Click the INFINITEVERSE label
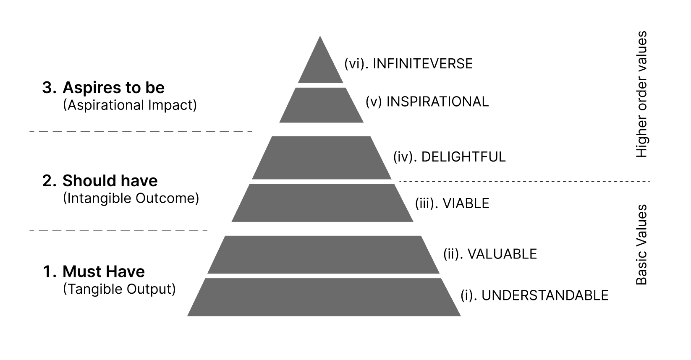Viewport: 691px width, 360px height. point(408,64)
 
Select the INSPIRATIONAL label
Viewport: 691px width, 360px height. point(427,102)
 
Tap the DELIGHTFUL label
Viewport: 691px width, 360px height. point(449,157)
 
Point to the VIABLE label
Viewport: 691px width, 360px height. point(452,203)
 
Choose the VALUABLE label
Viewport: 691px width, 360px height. point(490,254)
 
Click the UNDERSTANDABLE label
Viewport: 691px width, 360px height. point(534,295)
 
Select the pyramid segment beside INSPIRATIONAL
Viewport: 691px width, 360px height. point(322,105)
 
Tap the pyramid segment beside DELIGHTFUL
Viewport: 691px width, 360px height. point(322,158)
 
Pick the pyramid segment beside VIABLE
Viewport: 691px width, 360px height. point(322,203)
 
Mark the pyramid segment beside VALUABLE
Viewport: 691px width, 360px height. point(323,255)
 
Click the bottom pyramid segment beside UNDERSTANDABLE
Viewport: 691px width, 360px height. point(324,297)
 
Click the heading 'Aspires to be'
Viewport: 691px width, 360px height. point(113,88)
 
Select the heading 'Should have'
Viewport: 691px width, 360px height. point(110,181)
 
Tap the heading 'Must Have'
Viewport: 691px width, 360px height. point(103,271)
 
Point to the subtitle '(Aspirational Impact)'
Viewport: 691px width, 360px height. point(130,105)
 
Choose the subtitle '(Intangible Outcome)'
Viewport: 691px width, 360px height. point(131,198)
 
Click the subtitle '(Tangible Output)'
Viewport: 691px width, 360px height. point(119,289)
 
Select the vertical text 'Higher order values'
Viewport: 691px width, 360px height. point(641,94)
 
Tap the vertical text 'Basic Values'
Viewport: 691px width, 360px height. point(641,245)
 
